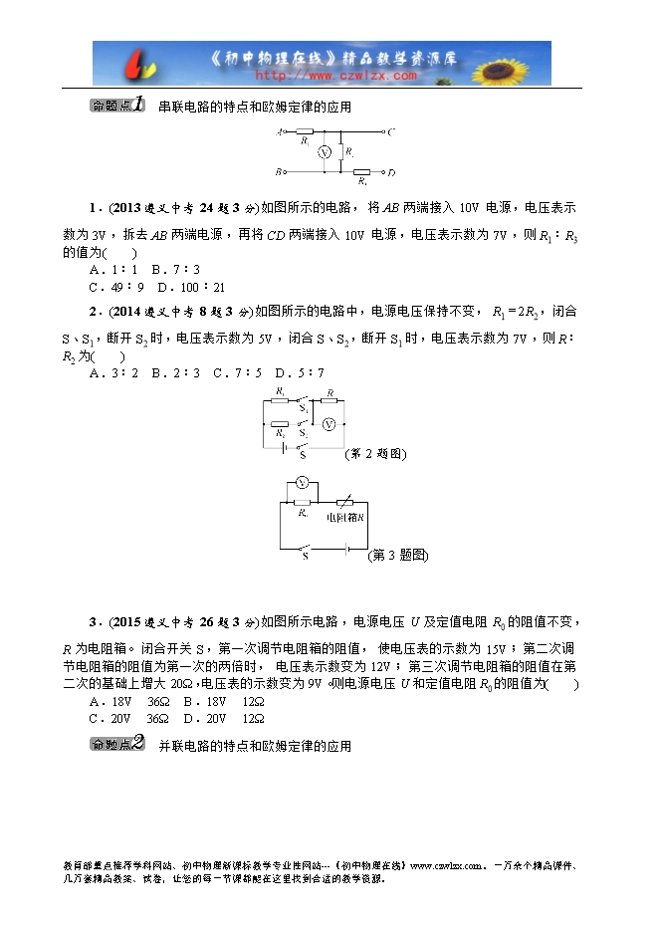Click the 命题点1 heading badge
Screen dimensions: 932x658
118,107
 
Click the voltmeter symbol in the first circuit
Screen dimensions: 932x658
323,152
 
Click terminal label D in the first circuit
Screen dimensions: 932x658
391,172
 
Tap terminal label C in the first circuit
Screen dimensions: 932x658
391,131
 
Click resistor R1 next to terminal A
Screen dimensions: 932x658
304,131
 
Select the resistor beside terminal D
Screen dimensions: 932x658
361,172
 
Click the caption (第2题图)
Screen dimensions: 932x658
376,453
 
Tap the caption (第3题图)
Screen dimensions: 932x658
398,554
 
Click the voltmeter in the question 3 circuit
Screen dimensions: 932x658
302,482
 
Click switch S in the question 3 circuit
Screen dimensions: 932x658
305,549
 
